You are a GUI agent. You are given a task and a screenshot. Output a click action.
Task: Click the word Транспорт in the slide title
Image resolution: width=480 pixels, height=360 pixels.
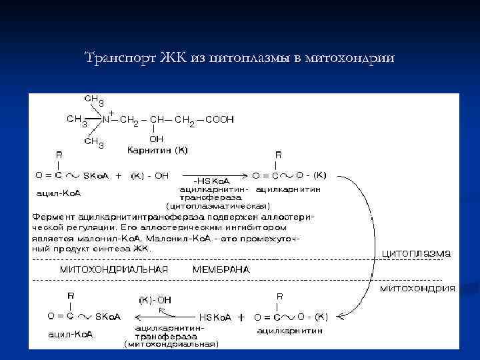point(120,58)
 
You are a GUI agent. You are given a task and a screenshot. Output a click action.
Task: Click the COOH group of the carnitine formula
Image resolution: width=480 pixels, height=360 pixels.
point(219,120)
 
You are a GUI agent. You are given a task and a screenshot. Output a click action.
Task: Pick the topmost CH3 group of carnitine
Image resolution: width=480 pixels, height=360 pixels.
point(93,99)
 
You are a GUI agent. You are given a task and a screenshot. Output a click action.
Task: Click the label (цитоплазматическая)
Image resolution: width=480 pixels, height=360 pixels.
point(218,206)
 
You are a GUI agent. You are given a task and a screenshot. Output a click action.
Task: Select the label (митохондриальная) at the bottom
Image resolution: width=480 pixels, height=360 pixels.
point(171,344)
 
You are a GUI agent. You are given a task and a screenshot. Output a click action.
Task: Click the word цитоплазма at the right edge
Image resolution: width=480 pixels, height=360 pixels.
point(416,253)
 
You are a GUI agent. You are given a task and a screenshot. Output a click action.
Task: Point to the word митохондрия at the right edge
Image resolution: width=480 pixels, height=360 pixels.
point(417,288)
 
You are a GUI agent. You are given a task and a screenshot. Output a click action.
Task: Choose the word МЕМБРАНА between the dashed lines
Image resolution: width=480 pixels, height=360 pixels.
point(221,269)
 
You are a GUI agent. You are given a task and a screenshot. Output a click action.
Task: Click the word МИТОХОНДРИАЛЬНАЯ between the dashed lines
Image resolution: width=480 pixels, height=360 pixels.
point(114,269)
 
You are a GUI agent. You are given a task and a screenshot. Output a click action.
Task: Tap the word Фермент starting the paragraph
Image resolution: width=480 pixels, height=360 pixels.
point(53,218)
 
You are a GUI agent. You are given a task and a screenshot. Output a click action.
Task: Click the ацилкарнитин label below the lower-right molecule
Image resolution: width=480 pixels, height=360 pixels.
point(289,330)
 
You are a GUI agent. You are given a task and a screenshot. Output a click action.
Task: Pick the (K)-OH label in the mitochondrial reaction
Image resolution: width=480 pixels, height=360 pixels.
point(155,300)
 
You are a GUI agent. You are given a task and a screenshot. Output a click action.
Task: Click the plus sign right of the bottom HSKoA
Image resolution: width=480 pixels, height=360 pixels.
point(241,317)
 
